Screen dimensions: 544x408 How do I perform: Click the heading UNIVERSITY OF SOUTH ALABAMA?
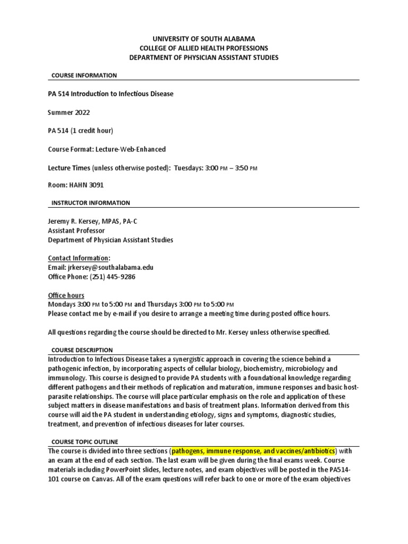204,39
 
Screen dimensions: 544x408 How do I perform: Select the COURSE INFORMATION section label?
84,75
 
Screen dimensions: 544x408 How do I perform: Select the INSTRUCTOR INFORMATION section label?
90,203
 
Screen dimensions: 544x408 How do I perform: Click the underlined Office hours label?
66,295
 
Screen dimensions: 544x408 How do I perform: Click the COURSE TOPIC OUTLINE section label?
84,442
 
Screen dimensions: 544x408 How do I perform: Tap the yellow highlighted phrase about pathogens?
253,451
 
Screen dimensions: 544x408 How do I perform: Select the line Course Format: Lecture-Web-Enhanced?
106,150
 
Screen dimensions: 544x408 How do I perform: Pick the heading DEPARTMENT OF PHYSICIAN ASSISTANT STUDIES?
204,57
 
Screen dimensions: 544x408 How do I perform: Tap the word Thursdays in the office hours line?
163,304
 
